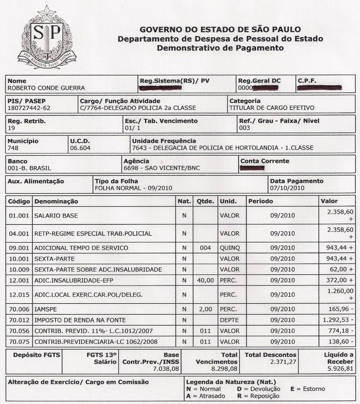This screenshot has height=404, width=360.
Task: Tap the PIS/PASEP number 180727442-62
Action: click(29, 108)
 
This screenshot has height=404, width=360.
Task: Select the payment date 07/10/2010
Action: click(287, 188)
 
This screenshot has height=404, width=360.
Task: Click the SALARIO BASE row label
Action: click(56, 216)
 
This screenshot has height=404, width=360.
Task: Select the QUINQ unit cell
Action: click(229, 248)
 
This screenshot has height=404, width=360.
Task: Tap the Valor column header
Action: click(329, 202)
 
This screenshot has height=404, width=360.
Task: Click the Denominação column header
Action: click(56, 202)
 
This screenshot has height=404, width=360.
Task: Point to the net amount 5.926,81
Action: click(340, 368)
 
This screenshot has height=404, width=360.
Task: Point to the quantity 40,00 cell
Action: click(205, 281)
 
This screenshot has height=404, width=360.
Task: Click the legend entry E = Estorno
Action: click(308, 389)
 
